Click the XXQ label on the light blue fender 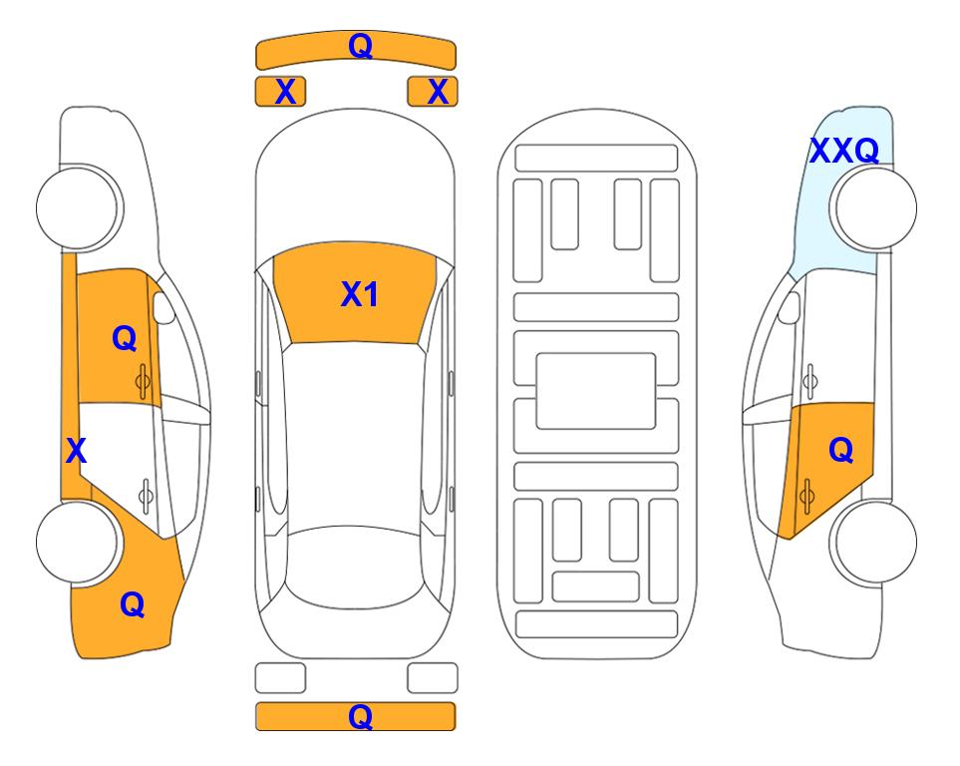(844, 151)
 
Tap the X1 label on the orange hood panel (360, 294)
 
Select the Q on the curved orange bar (360, 45)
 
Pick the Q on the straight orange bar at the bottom (360, 716)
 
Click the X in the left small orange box (285, 92)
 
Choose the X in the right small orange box (438, 92)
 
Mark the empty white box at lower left (280, 678)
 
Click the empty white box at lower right (433, 678)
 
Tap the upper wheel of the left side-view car (79, 207)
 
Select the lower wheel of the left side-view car (78, 543)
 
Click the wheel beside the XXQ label (874, 208)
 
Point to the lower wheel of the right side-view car (874, 542)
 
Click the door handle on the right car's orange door (806, 496)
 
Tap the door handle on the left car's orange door (143, 382)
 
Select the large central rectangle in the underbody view (596, 391)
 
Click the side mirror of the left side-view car (162, 307)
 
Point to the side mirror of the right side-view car (790, 307)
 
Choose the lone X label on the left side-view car (76, 451)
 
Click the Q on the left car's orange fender (133, 604)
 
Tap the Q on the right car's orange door (840, 450)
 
